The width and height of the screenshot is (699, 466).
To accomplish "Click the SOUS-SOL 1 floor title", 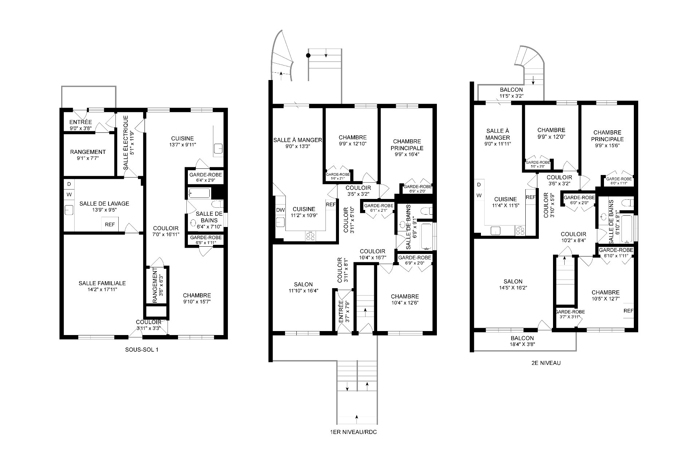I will click(141, 350).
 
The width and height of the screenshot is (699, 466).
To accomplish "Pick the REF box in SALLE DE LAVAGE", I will click(110, 225).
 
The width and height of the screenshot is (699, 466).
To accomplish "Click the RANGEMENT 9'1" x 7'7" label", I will click(88, 155).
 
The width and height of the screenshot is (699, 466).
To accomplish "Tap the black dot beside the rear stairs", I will click(308, 56).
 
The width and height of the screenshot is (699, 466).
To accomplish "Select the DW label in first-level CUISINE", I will click(280, 210).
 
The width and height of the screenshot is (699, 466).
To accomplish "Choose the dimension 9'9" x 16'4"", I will click(407, 154).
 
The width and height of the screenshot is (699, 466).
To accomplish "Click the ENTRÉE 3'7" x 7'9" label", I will click(344, 311).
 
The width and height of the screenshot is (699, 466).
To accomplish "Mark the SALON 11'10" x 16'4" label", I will click(303, 287).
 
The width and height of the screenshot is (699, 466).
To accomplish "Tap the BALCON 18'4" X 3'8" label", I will click(522, 341).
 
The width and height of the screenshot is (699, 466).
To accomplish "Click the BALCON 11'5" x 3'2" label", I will click(511, 93).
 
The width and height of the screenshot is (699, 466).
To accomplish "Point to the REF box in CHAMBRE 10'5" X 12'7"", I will click(628, 311).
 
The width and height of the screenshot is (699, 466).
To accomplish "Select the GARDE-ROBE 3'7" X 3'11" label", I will click(570, 314).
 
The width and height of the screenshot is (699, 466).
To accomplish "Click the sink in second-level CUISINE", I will click(495, 230).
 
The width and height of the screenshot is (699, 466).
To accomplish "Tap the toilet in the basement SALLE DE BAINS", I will click(218, 204).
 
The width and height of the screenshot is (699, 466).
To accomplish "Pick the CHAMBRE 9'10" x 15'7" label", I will click(197, 298).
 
